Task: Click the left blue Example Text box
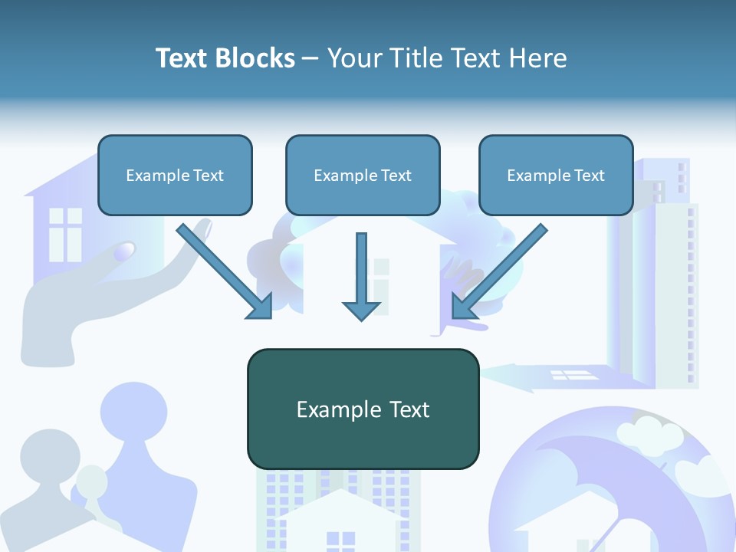point(175,175)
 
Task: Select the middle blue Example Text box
point(363,175)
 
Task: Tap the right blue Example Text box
point(556,175)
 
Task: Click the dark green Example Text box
point(363,409)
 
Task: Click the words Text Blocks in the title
point(225,58)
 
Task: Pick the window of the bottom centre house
point(340,540)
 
